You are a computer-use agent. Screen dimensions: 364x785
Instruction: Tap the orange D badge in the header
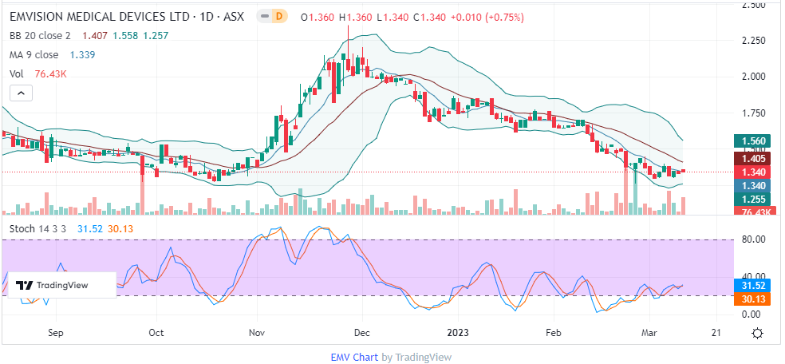pos(278,15)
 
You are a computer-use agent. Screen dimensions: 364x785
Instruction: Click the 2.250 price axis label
pos(753,41)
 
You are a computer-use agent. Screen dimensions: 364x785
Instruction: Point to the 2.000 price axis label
pos(753,77)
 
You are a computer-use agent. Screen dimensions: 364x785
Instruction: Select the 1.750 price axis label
pos(753,113)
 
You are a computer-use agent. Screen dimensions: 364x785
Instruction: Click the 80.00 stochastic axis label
pos(753,239)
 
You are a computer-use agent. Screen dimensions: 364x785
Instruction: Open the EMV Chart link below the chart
pos(353,357)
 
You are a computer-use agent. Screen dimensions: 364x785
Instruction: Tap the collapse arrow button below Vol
pos(21,93)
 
